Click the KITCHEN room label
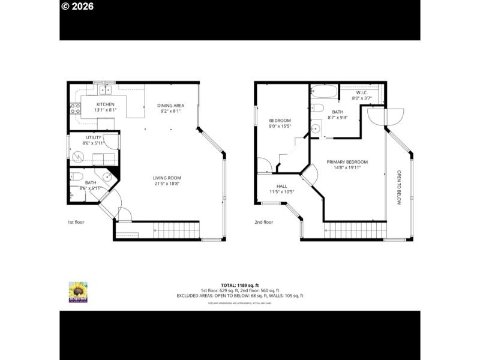coord(106,104)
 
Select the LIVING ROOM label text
coord(167,178)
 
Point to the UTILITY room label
coord(93,137)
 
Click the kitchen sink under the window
coord(106,91)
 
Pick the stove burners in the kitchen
coord(76,109)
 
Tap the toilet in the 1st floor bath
coord(76,176)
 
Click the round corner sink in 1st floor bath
coord(106,176)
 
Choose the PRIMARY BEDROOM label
coord(347,162)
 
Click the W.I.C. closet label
coord(361,92)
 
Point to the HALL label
coord(281,186)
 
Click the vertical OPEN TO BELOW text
coord(398,188)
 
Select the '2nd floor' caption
coord(263,222)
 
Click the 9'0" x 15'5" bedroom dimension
coord(280,126)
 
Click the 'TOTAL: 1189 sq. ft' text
coord(239,285)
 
